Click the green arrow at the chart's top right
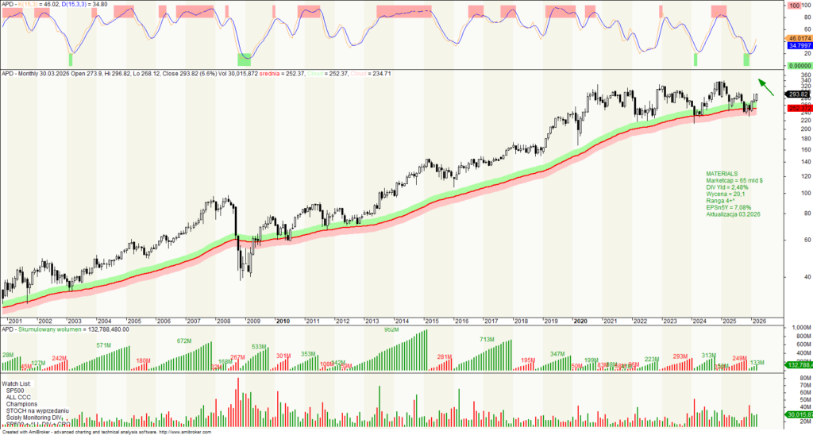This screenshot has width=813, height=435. (x=764, y=83)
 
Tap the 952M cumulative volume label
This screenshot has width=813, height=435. (x=391, y=329)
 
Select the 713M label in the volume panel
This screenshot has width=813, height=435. (x=487, y=340)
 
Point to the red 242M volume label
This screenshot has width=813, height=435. (x=60, y=359)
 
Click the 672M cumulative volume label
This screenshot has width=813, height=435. (x=184, y=341)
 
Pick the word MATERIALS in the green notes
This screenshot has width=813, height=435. (x=722, y=173)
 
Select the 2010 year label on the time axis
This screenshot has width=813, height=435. (x=282, y=321)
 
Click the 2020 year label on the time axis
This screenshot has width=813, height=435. (x=580, y=321)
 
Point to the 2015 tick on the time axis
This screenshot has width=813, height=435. (x=431, y=321)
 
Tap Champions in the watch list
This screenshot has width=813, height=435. (x=24, y=404)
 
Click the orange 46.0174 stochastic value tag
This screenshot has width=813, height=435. (x=798, y=38)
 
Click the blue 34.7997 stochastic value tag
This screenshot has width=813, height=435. (x=798, y=47)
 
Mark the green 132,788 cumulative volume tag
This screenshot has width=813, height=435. (x=797, y=364)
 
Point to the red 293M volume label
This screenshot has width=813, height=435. (x=680, y=356)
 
